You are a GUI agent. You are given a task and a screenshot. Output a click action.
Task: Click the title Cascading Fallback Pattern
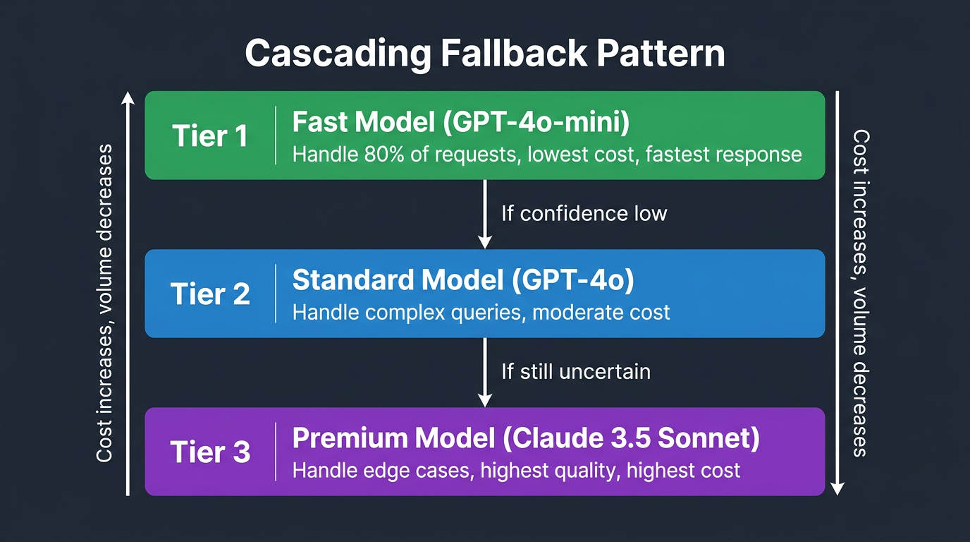point(485,53)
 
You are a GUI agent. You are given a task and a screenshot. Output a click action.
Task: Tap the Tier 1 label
point(210,136)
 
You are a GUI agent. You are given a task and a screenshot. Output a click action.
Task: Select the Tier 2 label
point(210,294)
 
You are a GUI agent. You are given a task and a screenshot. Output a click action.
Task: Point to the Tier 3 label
point(210,452)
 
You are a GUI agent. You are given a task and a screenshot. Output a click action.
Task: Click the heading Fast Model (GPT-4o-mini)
point(461,123)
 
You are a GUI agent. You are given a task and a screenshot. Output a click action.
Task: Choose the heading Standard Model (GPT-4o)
point(463,280)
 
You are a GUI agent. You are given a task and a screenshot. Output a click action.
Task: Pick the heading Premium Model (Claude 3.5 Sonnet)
point(526,438)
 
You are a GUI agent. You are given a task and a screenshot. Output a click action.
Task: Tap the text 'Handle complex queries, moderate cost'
point(481,312)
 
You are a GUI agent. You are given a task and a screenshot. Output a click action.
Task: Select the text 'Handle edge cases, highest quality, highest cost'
point(516,470)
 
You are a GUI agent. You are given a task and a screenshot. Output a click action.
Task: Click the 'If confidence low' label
point(584,213)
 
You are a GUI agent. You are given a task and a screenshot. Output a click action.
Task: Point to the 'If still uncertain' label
point(575,371)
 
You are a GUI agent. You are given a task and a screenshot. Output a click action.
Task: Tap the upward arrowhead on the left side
point(128,99)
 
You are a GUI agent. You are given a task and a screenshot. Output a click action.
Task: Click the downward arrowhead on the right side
point(837,488)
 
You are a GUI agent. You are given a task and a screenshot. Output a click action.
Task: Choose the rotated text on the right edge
point(860,293)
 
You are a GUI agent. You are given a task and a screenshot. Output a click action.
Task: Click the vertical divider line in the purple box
point(276,452)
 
